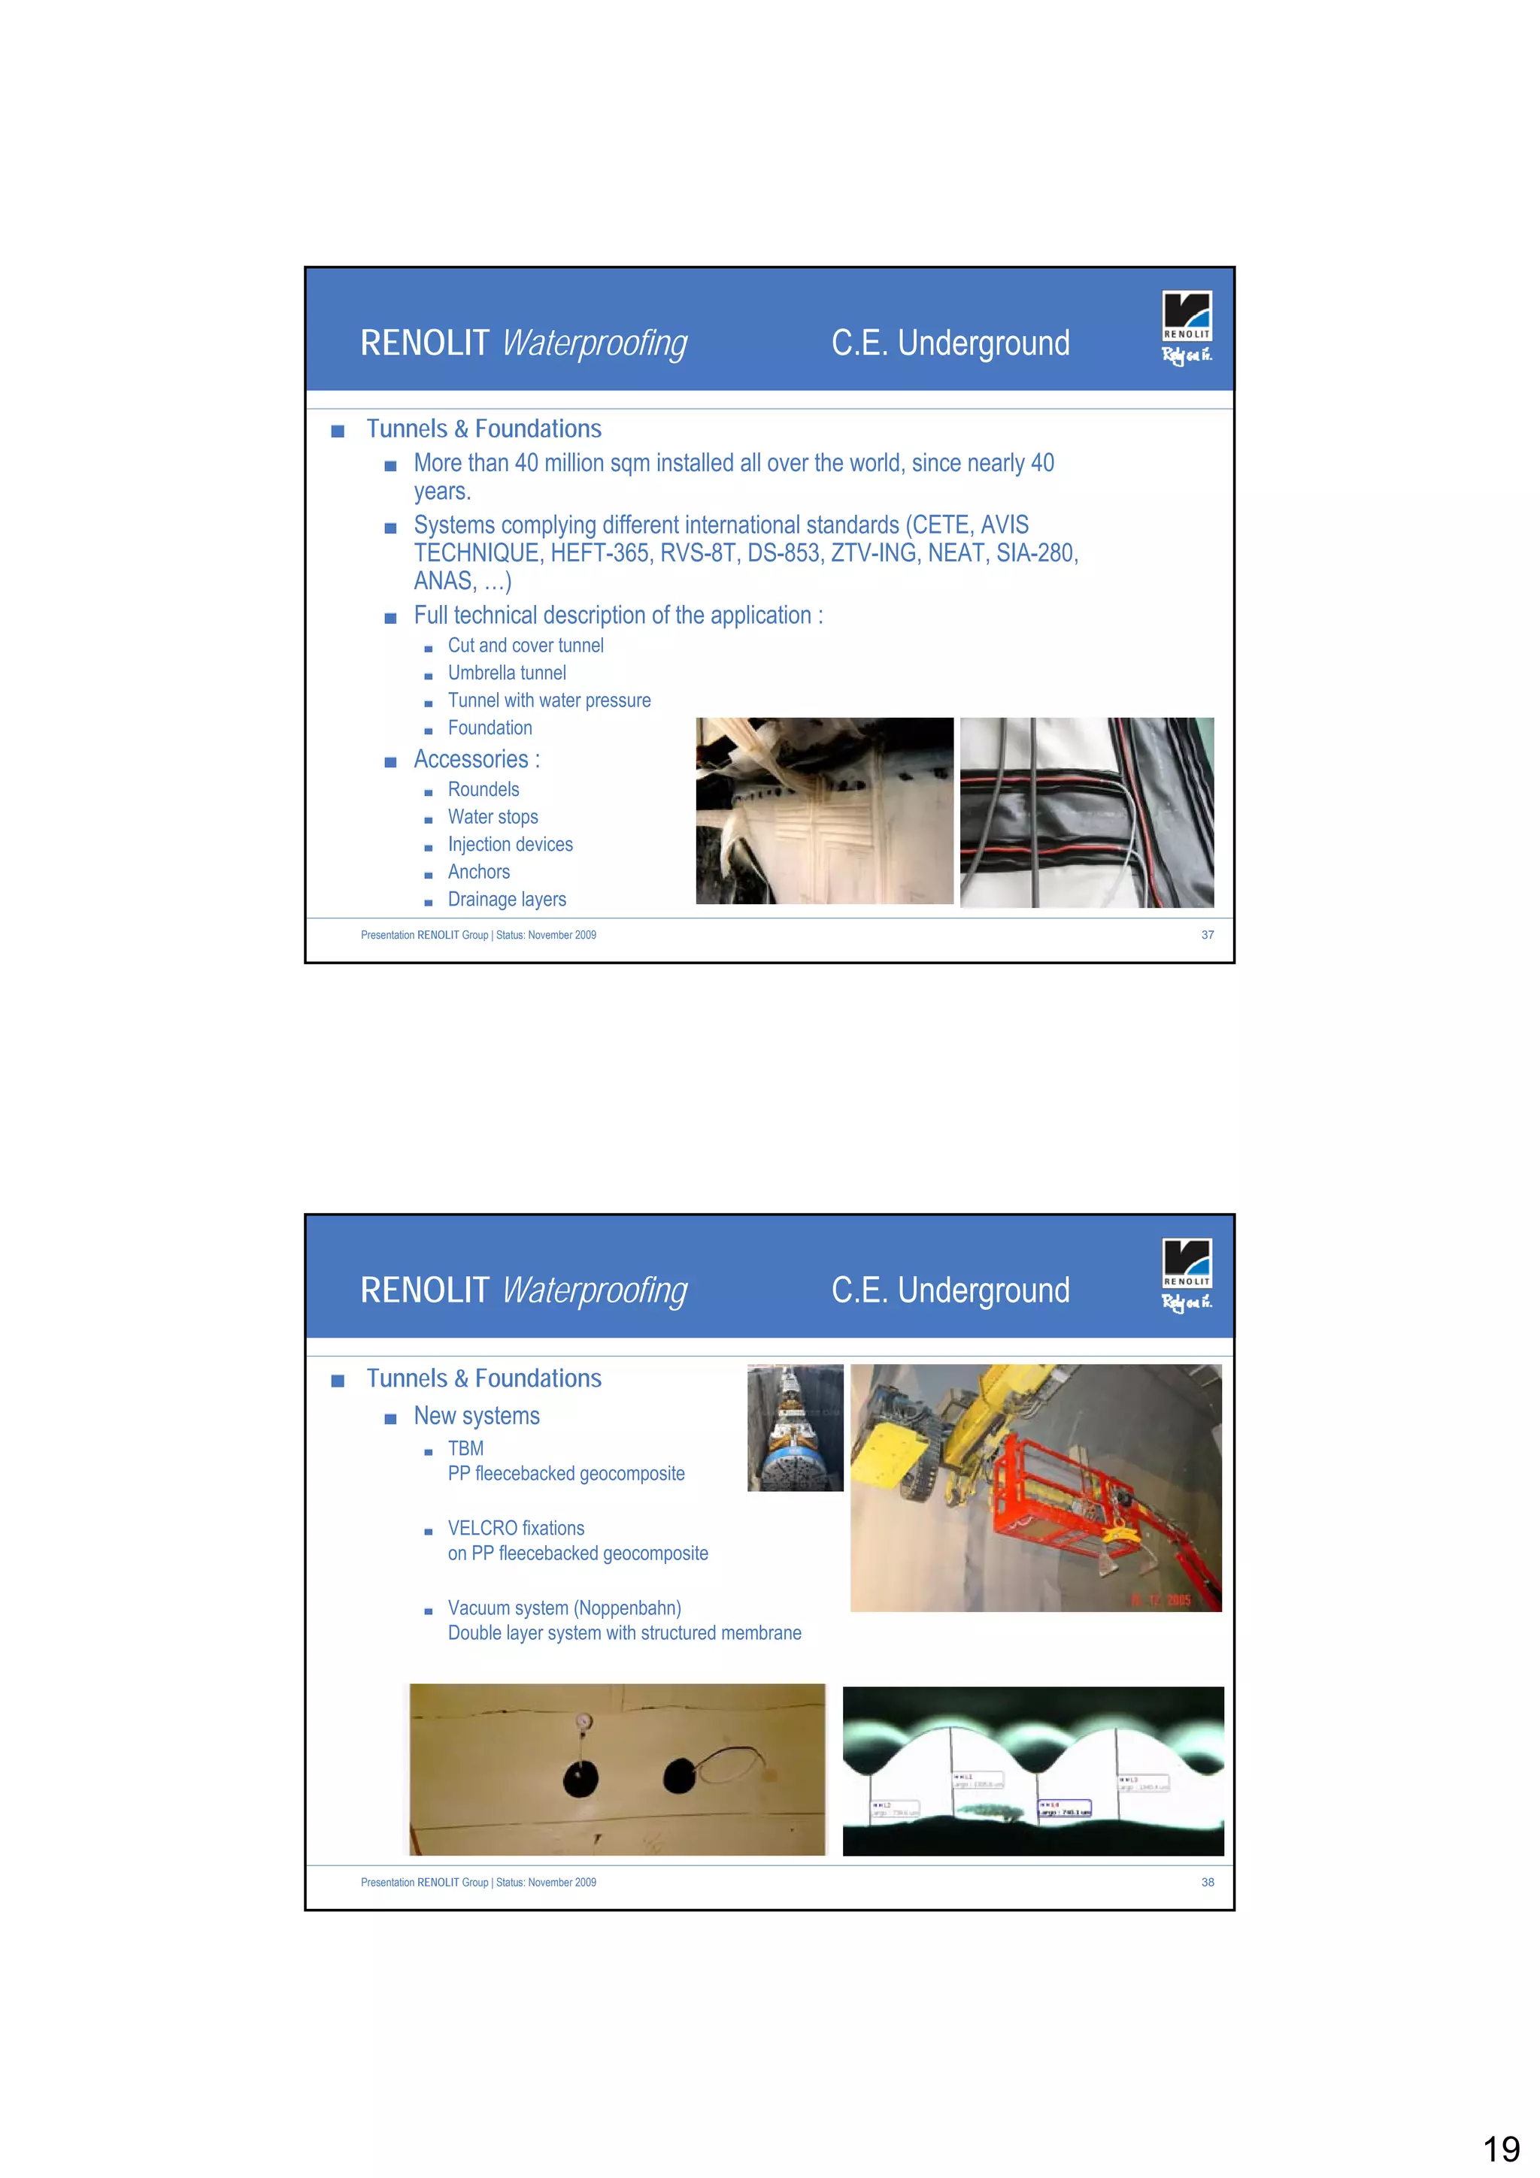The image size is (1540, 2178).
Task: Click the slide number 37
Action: (1207, 934)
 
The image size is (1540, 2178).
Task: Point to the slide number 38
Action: (1207, 1882)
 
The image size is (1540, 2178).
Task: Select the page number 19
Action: (1500, 2149)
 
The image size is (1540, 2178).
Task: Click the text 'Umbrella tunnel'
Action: (507, 673)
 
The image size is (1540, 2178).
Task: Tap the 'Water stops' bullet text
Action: (493, 817)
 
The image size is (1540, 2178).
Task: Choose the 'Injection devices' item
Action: (510, 844)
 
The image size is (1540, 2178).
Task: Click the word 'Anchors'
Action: (478, 872)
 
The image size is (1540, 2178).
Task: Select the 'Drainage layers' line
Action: (507, 900)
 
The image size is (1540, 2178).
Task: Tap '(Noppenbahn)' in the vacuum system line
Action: (627, 1608)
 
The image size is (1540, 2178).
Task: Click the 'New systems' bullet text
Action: (476, 1416)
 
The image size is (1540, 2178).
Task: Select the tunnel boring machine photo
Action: (794, 1428)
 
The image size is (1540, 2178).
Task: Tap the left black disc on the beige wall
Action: (580, 1780)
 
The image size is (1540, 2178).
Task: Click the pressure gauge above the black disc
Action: (584, 1722)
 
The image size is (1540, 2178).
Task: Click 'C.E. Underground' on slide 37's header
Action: (950, 343)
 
